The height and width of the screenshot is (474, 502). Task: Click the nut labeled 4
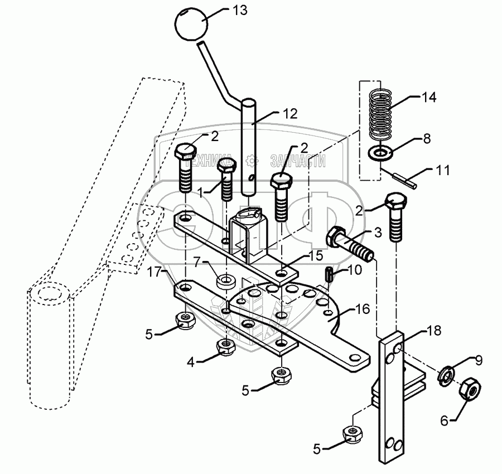point(225,347)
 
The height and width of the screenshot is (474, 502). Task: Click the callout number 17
point(155,272)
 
